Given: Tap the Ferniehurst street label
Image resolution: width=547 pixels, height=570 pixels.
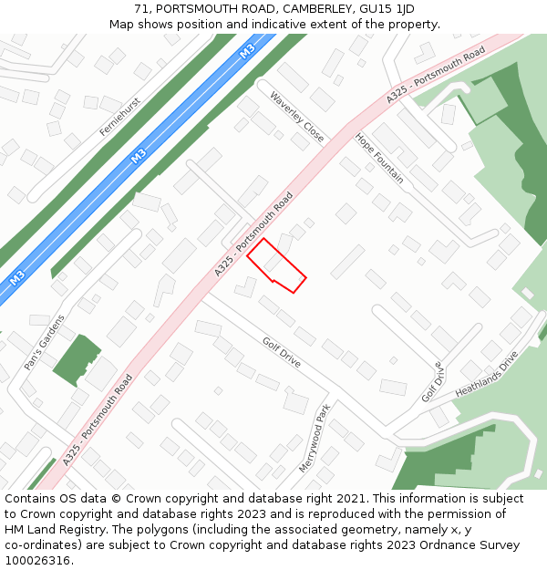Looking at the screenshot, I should tap(119, 117).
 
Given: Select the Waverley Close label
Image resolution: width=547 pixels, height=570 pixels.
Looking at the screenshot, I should tap(296, 117).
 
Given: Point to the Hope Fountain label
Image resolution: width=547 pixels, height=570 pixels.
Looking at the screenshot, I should tap(378, 158).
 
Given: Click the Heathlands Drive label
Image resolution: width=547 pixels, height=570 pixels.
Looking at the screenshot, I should tap(486, 373).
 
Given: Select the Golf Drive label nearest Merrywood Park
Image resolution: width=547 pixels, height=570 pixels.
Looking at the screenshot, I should tap(281, 351).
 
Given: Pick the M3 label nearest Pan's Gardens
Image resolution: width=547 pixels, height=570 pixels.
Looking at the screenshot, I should tap(17, 277).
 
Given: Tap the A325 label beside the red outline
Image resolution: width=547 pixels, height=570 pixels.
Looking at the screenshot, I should tap(254, 234).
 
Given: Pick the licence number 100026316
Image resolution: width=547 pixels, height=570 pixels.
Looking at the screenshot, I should tap(37, 561).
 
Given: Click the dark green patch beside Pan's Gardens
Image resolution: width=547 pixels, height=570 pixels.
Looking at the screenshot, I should tap(76, 361).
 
